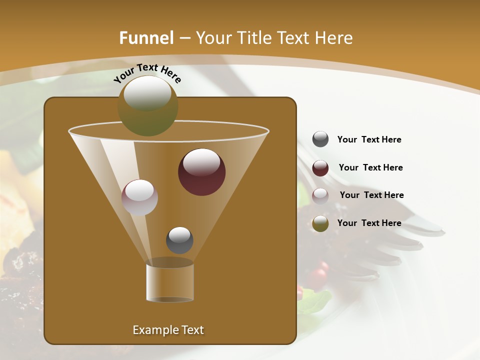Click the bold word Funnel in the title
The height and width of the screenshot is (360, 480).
point(146,38)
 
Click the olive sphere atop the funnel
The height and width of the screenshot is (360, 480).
point(147,105)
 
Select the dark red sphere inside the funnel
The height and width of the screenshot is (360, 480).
point(201,172)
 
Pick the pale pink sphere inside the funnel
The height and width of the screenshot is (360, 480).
point(139,197)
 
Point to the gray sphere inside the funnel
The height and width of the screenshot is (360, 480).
point(179,240)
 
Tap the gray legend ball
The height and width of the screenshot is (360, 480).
point(320,139)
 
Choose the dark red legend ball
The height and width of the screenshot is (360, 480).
point(320,168)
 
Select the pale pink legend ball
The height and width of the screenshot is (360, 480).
point(320,196)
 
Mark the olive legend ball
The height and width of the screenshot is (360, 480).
point(320,223)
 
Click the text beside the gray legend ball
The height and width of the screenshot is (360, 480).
point(369,139)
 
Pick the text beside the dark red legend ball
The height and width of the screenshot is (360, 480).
point(370,167)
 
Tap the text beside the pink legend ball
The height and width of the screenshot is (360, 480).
point(371,195)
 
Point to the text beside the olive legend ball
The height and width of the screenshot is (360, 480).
point(369,223)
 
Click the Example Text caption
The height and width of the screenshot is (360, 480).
point(168,330)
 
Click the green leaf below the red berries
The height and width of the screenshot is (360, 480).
point(315,301)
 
